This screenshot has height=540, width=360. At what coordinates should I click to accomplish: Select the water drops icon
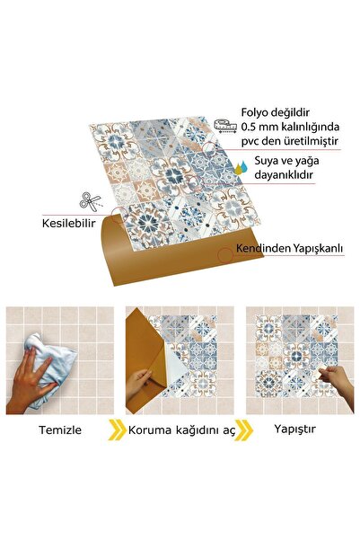point(240,166)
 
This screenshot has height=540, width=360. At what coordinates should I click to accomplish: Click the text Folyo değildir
point(273,113)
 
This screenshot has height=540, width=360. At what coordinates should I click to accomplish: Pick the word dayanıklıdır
point(283,178)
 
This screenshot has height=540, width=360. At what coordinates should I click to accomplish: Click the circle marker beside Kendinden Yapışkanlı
point(224,255)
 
